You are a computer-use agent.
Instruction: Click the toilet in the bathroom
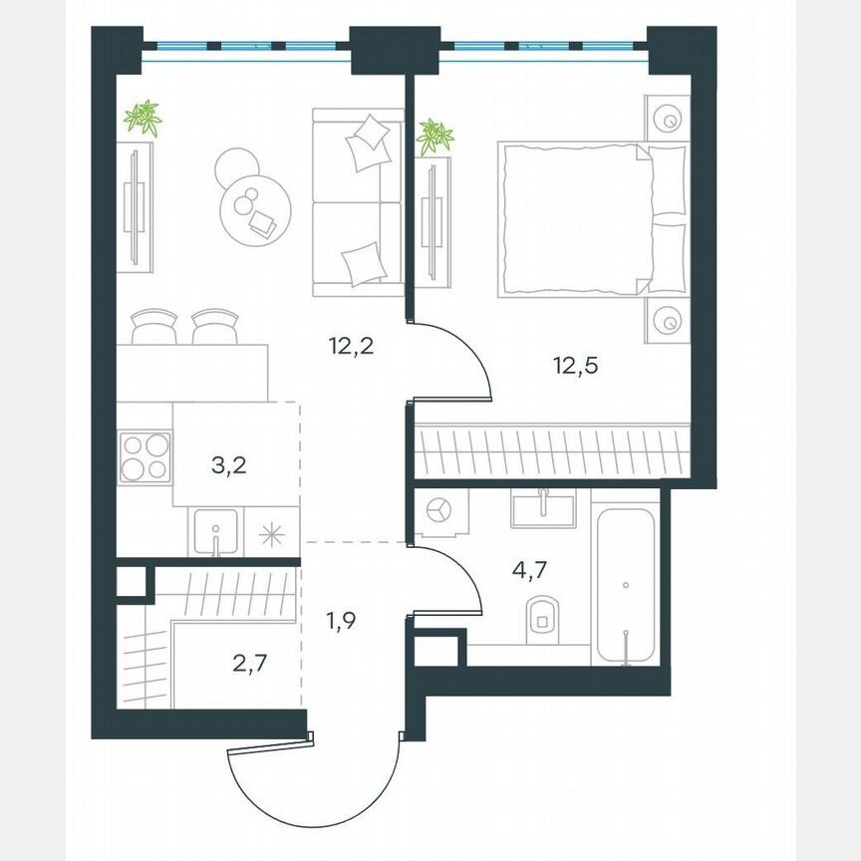(542, 618)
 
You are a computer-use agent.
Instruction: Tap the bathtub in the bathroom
(625, 584)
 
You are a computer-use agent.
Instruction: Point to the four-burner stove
(144, 457)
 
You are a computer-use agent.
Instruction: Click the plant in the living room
(143, 119)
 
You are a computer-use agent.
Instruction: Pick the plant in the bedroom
(434, 137)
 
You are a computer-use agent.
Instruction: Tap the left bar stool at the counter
(154, 327)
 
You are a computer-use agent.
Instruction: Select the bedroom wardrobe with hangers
(551, 451)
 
